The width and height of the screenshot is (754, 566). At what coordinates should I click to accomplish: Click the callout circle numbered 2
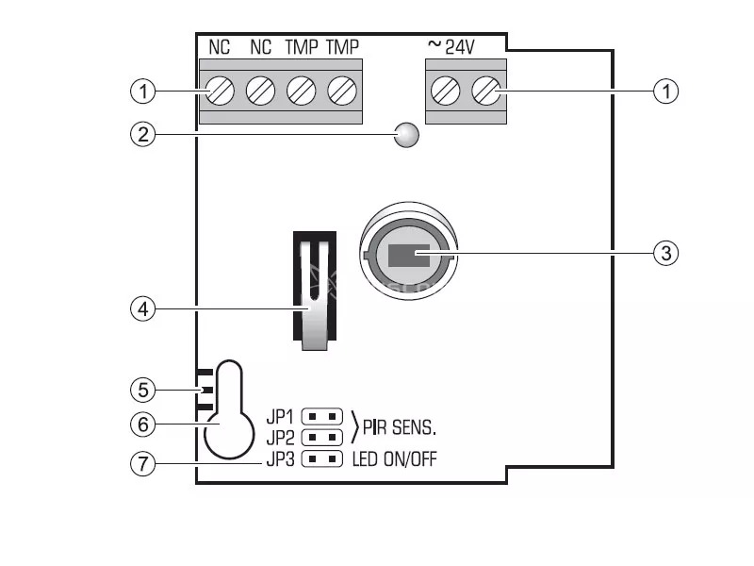pyautogui.click(x=143, y=134)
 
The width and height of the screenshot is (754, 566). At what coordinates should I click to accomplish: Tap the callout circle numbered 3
pyautogui.click(x=666, y=253)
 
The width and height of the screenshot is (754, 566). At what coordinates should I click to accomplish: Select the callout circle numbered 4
pyautogui.click(x=143, y=309)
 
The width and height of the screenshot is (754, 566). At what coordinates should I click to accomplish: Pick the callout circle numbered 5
pyautogui.click(x=143, y=390)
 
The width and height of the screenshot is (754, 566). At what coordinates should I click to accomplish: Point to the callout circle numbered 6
pyautogui.click(x=143, y=424)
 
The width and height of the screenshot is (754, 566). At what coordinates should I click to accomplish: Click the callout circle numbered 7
pyautogui.click(x=143, y=464)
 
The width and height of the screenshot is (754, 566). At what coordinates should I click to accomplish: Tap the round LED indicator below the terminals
pyautogui.click(x=406, y=135)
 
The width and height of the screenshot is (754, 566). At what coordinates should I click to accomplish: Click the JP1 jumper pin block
pyautogui.click(x=321, y=416)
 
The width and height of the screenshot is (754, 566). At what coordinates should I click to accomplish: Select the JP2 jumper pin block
pyautogui.click(x=321, y=438)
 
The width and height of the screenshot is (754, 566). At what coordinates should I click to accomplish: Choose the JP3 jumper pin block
pyautogui.click(x=321, y=459)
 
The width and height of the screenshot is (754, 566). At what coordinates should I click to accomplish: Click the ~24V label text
pyautogui.click(x=451, y=46)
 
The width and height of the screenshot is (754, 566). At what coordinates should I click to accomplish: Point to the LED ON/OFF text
pyautogui.click(x=394, y=459)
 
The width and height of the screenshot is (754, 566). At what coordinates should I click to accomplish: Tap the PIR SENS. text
pyautogui.click(x=399, y=427)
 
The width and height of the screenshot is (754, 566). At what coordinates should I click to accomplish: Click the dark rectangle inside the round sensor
pyautogui.click(x=409, y=256)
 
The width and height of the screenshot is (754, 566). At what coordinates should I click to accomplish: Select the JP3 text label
pyautogui.click(x=280, y=459)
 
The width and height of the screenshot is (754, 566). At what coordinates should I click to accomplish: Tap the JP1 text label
pyautogui.click(x=280, y=417)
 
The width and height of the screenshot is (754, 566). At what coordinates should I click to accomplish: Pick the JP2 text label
pyautogui.click(x=280, y=438)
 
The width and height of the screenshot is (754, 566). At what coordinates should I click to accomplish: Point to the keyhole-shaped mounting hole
pyautogui.click(x=229, y=409)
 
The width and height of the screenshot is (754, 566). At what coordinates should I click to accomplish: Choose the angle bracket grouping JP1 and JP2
pyautogui.click(x=355, y=427)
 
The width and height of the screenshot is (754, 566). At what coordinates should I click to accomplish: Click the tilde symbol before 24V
pyautogui.click(x=434, y=44)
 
